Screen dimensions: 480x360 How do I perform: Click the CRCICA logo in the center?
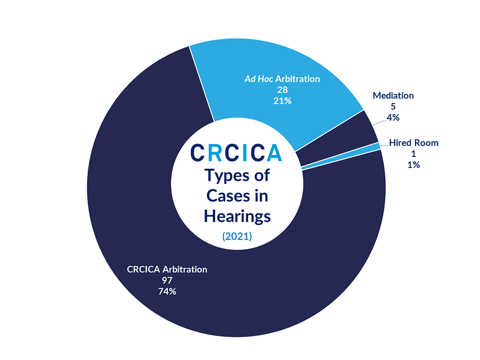click(x=236, y=153)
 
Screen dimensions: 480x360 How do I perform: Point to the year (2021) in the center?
click(x=237, y=236)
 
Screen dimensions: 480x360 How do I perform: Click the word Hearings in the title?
click(x=237, y=217)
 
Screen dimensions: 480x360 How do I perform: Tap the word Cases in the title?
click(x=228, y=196)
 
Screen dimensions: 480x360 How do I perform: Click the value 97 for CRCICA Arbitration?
click(x=167, y=280)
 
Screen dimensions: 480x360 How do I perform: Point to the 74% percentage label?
click(x=167, y=291)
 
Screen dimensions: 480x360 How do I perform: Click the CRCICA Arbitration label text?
click(x=167, y=269)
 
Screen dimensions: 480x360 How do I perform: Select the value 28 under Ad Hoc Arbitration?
click(x=282, y=90)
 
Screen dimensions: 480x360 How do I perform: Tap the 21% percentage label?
click(x=282, y=101)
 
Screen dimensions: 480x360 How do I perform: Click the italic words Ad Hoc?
click(x=259, y=79)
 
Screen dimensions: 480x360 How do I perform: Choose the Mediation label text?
click(x=393, y=96)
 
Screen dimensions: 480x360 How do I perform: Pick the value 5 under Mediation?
click(x=393, y=106)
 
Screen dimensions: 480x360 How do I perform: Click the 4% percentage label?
click(x=393, y=118)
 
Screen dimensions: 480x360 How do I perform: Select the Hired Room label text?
click(x=413, y=142)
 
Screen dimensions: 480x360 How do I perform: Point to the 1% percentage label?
click(x=413, y=165)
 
